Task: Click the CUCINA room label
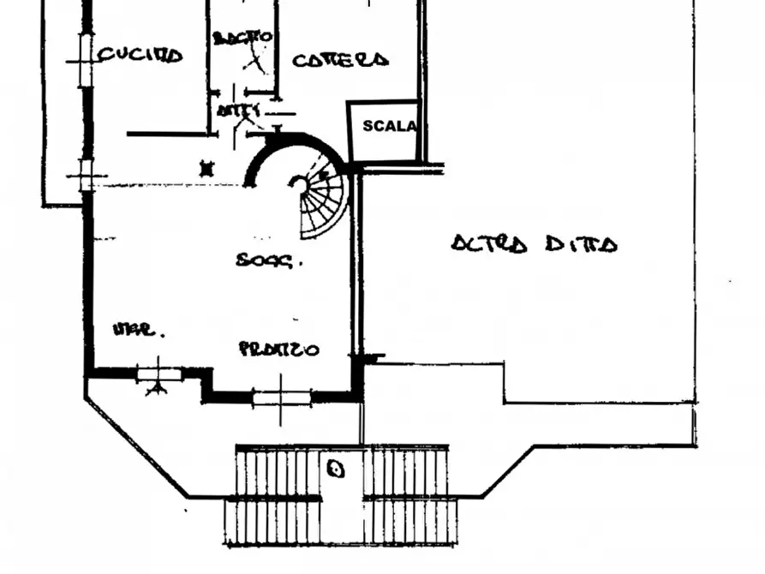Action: pos(140,56)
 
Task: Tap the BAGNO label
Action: pos(242,38)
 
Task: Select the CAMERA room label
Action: pos(340,60)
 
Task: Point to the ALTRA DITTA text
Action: pos(534,244)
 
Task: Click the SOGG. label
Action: pos(269,260)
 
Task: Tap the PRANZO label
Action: pos(279,350)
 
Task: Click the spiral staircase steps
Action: pos(326,206)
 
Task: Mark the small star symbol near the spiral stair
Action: pos(205,168)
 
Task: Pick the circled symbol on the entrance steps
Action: pos(336,469)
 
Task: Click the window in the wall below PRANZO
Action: pos(280,397)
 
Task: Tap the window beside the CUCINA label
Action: pos(84,60)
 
